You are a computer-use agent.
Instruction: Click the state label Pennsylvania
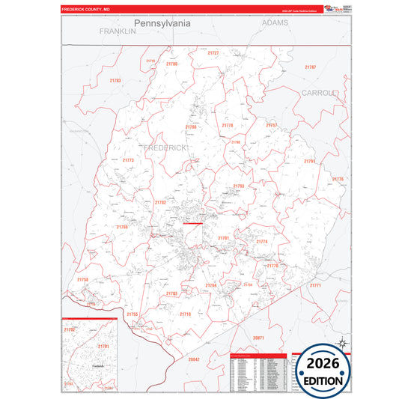[162, 23]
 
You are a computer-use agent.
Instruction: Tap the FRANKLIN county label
[117, 31]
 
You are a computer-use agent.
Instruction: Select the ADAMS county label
[275, 23]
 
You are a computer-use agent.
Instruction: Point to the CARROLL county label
[320, 93]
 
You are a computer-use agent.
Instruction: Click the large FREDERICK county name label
[164, 148]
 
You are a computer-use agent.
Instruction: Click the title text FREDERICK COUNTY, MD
[86, 10]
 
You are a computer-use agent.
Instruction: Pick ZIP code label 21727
[213, 53]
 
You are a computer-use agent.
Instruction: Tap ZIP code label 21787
[310, 67]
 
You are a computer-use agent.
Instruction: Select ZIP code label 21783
[115, 80]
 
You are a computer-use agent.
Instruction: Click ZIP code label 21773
[128, 160]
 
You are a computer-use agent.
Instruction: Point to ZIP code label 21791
[309, 161]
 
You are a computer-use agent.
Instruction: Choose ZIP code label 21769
[122, 227]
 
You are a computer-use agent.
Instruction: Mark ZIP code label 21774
[262, 242]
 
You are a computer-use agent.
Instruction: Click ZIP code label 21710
[185, 314]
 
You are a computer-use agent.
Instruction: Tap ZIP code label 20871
[258, 338]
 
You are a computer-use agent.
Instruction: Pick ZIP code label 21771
[315, 285]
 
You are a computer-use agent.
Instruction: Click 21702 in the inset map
[70, 329]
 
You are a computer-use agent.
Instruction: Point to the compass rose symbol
[341, 344]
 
